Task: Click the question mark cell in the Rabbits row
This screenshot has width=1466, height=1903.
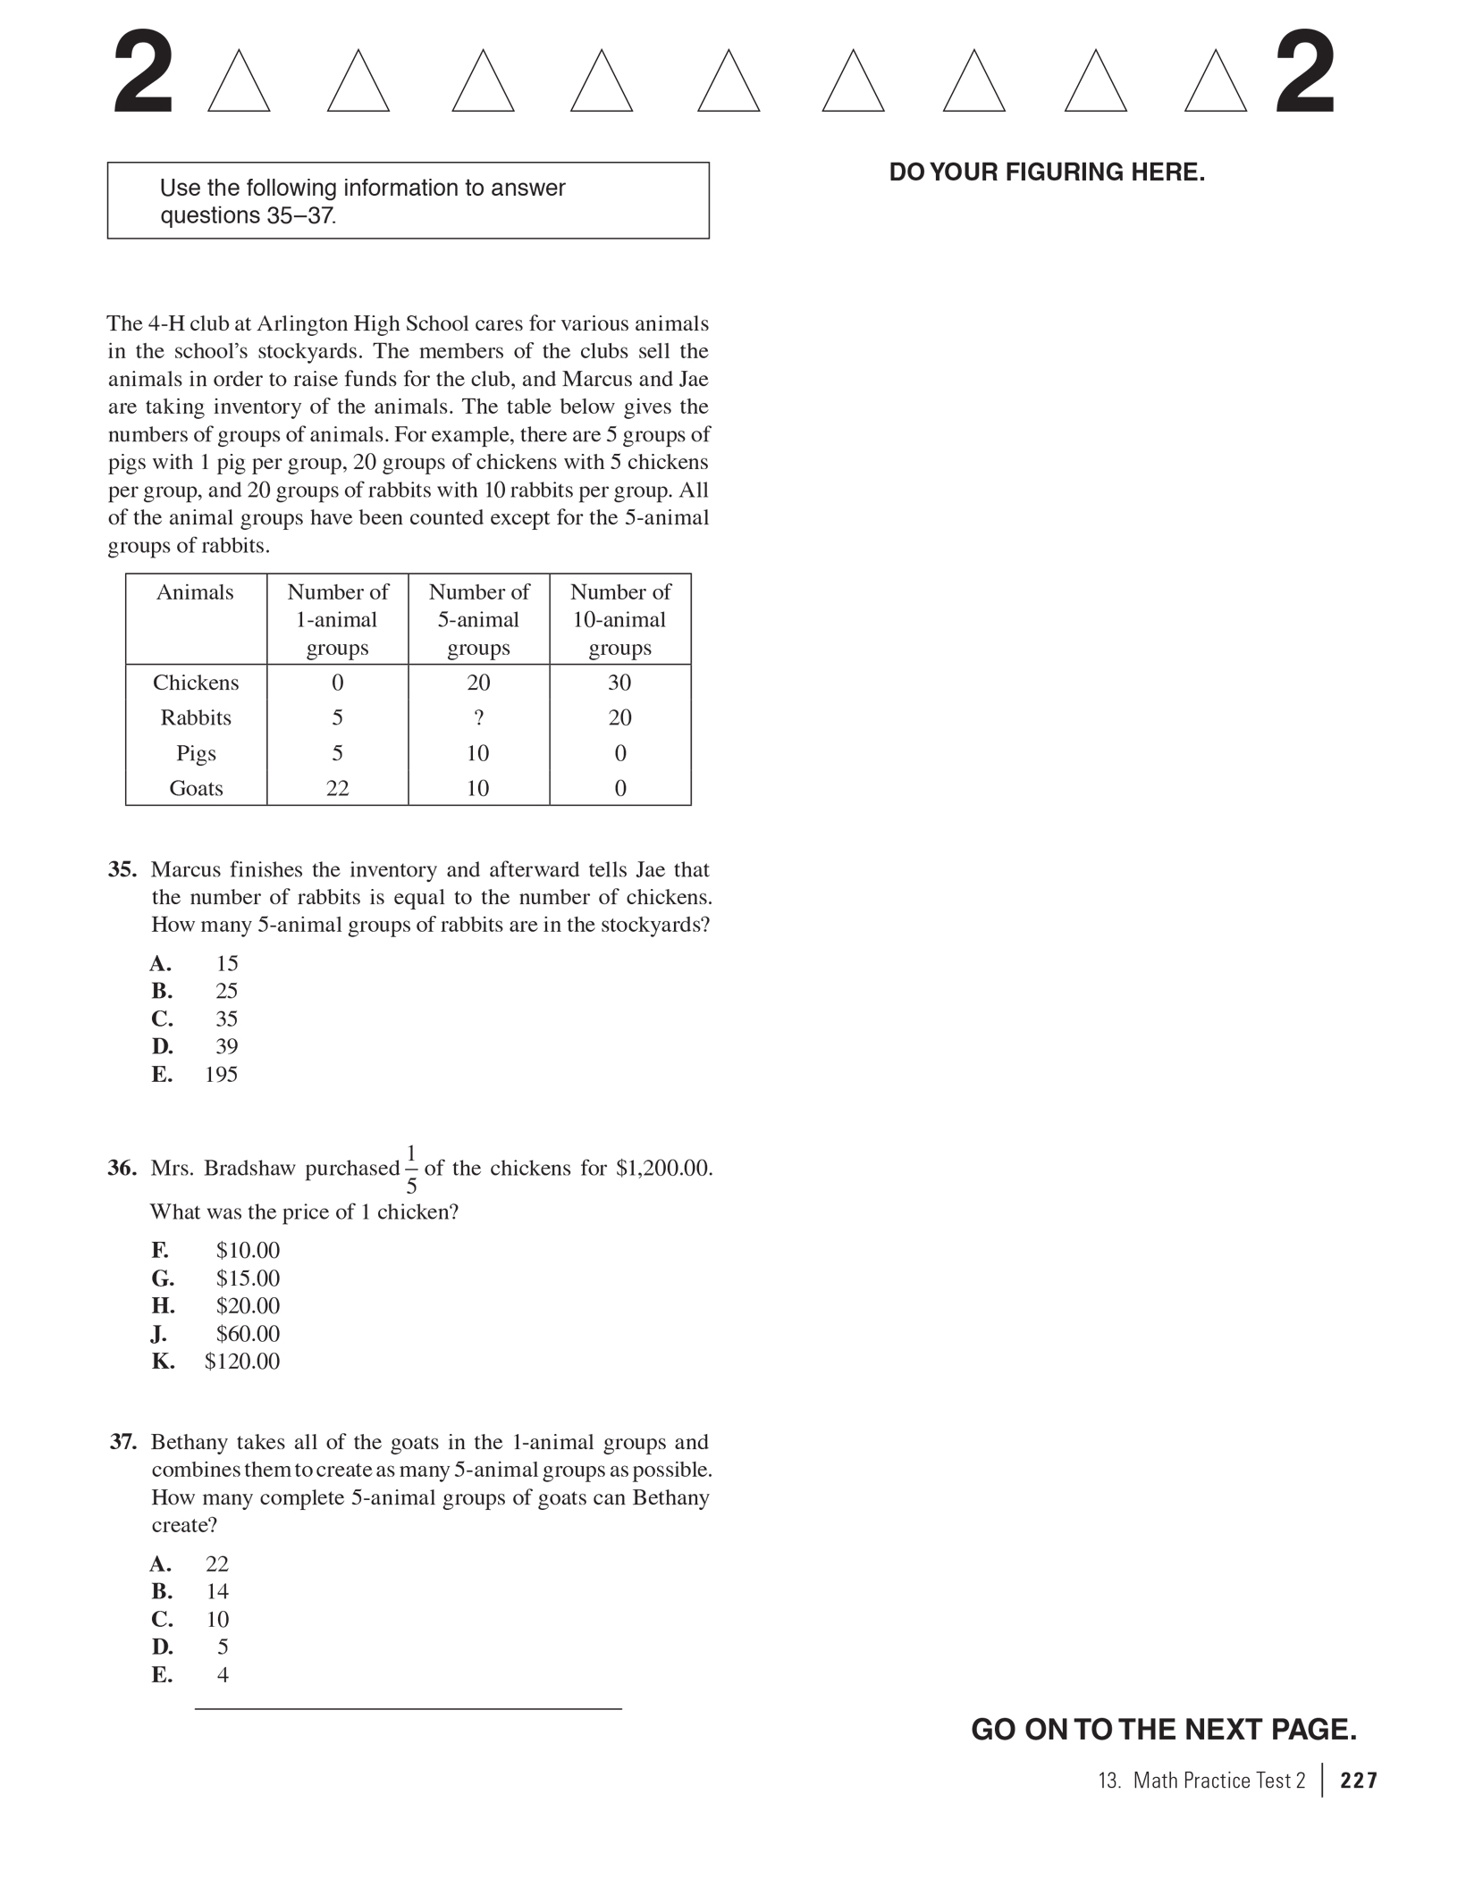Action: point(478,717)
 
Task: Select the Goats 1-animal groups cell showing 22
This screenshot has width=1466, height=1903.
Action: point(337,788)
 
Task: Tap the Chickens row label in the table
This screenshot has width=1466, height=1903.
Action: point(196,683)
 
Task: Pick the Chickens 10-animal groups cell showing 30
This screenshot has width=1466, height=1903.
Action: point(619,683)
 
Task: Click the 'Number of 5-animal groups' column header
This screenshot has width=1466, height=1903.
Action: point(478,619)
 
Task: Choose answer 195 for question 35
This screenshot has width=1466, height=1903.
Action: point(221,1074)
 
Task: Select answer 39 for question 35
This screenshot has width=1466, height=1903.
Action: point(226,1046)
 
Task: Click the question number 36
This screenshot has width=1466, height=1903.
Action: point(122,1168)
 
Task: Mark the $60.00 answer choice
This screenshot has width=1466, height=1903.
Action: point(248,1333)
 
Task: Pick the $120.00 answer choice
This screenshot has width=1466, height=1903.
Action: point(241,1361)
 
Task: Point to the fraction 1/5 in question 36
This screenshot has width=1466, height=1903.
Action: point(411,1169)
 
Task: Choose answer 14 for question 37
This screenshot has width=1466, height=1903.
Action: point(217,1591)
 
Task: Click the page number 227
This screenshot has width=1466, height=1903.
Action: point(1359,1781)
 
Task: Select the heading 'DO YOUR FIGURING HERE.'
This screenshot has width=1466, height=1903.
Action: point(1047,172)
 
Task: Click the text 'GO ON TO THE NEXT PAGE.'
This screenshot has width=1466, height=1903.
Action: point(1163,1730)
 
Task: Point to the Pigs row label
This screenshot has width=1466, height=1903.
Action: point(196,753)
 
